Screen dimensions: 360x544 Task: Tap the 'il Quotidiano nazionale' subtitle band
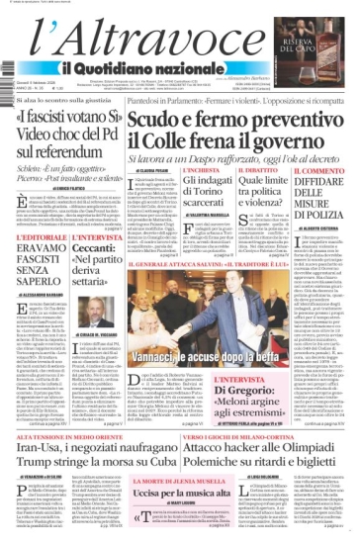click(x=148, y=67)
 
